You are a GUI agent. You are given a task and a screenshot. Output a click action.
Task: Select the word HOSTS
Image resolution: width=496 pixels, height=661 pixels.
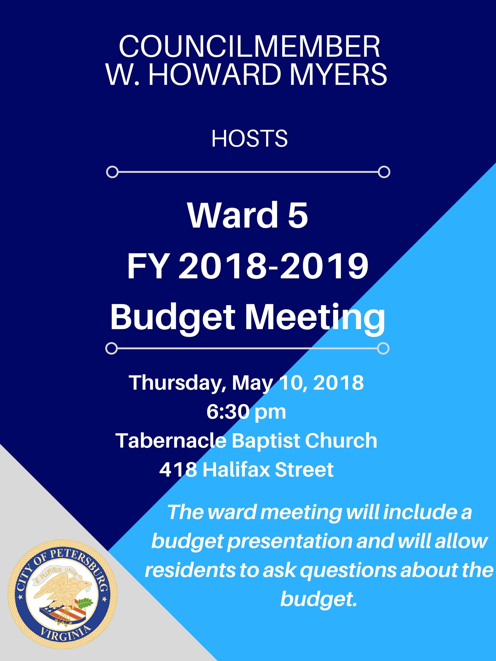point(249,139)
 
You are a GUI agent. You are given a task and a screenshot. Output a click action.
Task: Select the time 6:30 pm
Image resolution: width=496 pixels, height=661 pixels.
point(246,412)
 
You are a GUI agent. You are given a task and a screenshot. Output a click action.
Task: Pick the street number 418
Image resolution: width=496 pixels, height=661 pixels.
point(178,469)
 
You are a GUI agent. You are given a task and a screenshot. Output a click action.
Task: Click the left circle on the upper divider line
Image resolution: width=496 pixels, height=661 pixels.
point(113,172)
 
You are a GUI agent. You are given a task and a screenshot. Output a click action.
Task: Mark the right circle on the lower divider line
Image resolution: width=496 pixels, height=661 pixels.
point(383,348)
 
